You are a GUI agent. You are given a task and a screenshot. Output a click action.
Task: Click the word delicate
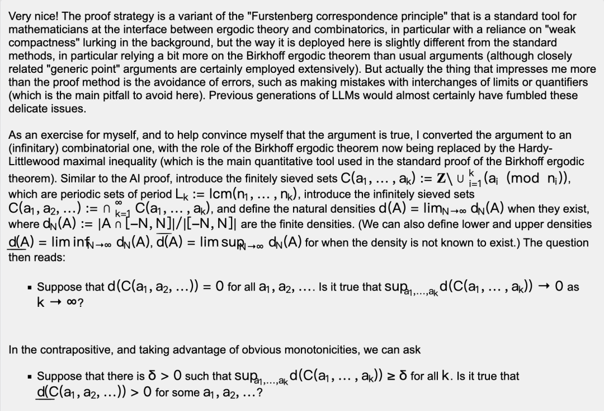(27, 109)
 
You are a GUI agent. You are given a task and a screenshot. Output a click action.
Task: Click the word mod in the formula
(522, 179)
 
